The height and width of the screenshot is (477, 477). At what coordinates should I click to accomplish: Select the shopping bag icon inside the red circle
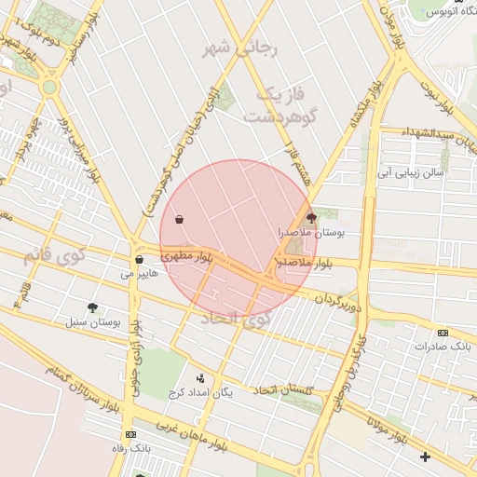pyautogui.click(x=178, y=220)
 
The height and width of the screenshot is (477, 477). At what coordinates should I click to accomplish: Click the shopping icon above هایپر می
pyautogui.click(x=139, y=260)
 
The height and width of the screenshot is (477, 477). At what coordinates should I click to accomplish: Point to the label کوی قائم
pyautogui.click(x=57, y=254)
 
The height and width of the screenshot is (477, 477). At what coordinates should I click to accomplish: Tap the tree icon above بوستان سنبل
pyautogui.click(x=92, y=307)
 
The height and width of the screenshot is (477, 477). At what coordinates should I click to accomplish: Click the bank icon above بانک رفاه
pyautogui.click(x=129, y=435)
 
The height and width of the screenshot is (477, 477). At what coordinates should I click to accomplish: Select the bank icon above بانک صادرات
pyautogui.click(x=443, y=333)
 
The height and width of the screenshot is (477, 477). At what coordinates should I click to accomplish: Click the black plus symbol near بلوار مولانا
pyautogui.click(x=426, y=457)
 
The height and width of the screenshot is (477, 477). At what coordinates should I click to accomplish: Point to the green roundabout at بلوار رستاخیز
pyautogui.click(x=49, y=87)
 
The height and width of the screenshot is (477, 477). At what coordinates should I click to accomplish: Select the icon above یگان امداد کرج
pyautogui.click(x=200, y=377)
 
